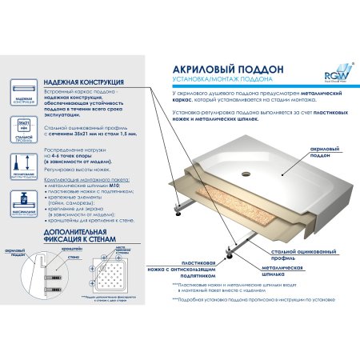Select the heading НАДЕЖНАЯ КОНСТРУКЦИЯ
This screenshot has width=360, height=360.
pos(82,82)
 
